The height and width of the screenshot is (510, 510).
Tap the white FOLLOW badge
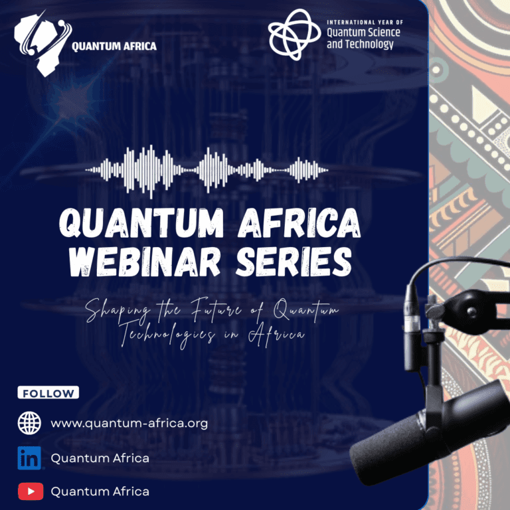[48, 393]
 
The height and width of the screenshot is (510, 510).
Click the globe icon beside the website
[29, 423]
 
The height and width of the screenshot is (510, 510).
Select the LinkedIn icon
[29, 458]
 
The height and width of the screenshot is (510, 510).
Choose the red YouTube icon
[29, 492]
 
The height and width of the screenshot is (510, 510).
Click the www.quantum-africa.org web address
[129, 423]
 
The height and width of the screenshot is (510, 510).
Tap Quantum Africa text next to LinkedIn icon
[100, 458]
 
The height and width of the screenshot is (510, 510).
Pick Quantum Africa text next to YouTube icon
[100, 492]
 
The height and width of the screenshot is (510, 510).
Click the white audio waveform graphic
[207, 170]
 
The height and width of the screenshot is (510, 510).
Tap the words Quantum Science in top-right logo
[364, 33]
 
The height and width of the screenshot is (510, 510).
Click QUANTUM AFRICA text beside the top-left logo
[114, 46]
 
